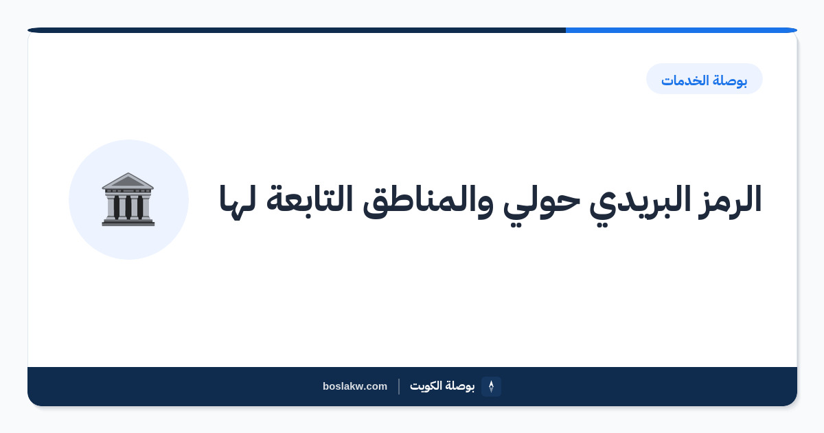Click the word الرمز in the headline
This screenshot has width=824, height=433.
click(729, 200)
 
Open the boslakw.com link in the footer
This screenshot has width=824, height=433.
click(355, 386)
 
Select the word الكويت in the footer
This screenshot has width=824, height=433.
click(426, 386)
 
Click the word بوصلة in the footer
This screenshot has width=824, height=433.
click(460, 386)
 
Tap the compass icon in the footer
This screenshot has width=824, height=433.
click(491, 386)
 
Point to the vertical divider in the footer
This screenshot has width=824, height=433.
click(399, 386)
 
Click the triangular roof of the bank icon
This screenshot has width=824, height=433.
click(128, 180)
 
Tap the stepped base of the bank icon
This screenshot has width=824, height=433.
click(128, 221)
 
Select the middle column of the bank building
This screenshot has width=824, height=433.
click(128, 207)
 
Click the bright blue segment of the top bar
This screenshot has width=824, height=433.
click(681, 30)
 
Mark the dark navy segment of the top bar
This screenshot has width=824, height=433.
click(297, 30)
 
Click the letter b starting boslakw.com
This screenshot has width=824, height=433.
click(326, 386)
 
